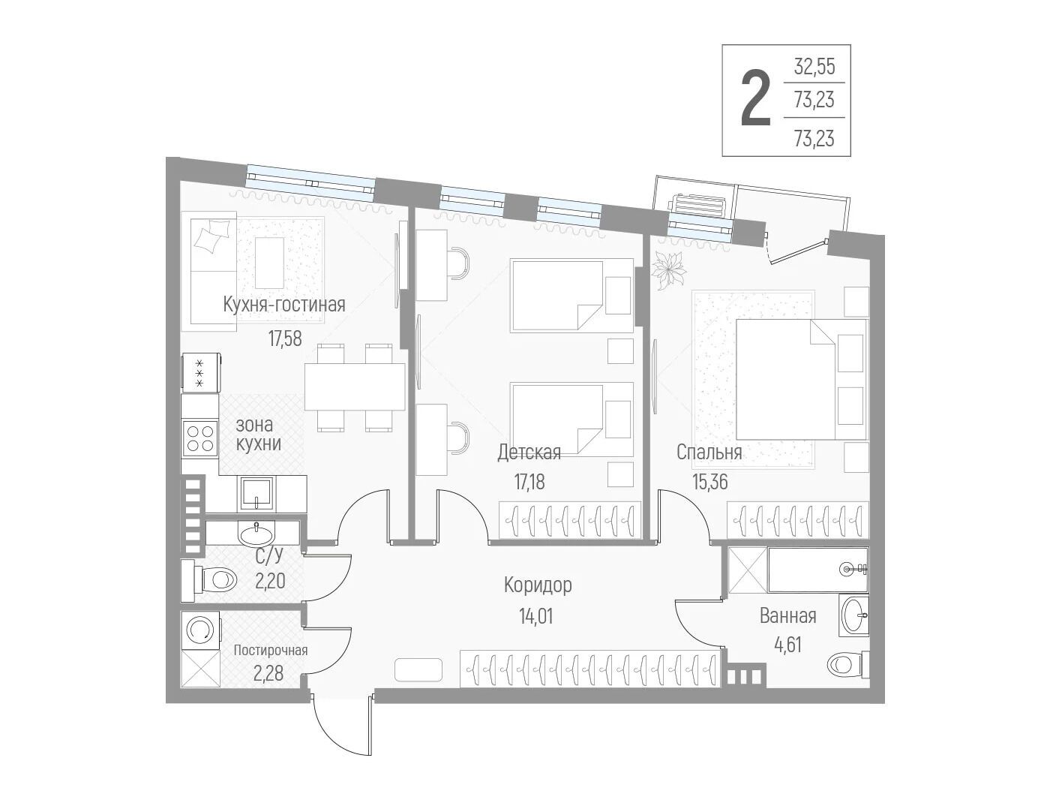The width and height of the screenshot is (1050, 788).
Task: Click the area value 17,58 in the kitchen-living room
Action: click(285, 338)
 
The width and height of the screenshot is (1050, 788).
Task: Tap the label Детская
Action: click(529, 452)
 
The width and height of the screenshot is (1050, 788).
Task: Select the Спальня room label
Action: click(709, 452)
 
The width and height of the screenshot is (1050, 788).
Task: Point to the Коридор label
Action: click(538, 585)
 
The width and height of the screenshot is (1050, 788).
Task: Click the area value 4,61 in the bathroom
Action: click(787, 645)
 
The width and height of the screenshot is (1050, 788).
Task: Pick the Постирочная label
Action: click(271, 650)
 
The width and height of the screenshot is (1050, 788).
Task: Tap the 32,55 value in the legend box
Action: click(814, 67)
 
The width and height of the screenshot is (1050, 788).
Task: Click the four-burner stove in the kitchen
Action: click(200, 438)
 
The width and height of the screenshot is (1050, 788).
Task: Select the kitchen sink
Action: click(256, 493)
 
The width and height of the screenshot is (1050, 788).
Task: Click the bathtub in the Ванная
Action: click(817, 570)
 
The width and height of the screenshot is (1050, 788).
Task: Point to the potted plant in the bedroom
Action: click(669, 271)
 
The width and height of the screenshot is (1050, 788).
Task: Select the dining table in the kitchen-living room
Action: click(355, 386)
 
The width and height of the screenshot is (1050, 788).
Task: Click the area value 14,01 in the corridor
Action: click(535, 616)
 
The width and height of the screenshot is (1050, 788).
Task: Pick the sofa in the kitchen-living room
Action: click(213, 275)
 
